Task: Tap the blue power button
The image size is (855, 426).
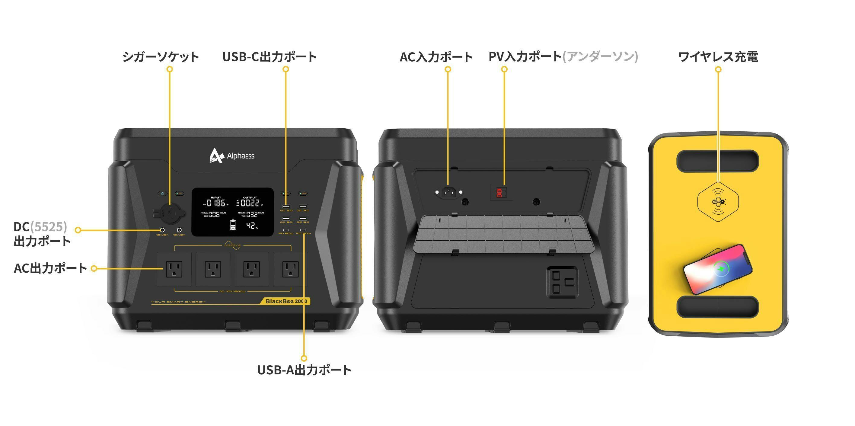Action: [x=162, y=193]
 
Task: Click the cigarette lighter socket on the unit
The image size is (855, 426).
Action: [x=169, y=213]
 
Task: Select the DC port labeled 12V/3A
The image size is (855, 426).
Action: [x=179, y=230]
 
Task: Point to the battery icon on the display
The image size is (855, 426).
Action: [x=233, y=225]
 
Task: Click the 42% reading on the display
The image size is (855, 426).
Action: [x=252, y=226]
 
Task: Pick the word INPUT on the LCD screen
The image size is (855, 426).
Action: [x=216, y=197]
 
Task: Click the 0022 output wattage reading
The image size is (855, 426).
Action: [x=250, y=203]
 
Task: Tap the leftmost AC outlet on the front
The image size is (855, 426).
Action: [x=174, y=269]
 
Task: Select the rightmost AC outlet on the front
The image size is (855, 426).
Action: [x=290, y=269]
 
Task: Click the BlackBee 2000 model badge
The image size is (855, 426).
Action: [x=286, y=301]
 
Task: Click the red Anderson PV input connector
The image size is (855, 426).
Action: [x=499, y=193]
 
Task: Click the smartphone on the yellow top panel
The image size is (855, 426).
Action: [x=718, y=269]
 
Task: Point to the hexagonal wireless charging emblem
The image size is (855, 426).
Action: [x=718, y=202]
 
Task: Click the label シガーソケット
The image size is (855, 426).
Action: [x=161, y=56]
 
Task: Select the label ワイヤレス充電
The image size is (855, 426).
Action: [x=718, y=56]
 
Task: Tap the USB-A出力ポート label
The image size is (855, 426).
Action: [x=304, y=370]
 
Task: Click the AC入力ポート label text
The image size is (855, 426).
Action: [x=436, y=57]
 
